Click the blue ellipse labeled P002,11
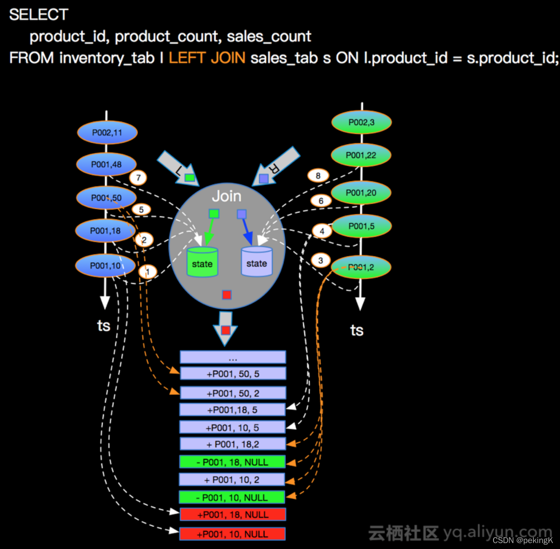[x=107, y=133]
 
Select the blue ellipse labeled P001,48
[x=106, y=164]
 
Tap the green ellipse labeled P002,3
[x=361, y=122]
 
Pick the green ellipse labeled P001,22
[x=361, y=155]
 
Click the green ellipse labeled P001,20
[x=361, y=193]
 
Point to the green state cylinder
[x=202, y=263]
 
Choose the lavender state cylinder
[x=257, y=262]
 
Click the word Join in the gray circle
[x=226, y=196]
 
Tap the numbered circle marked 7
[x=138, y=177]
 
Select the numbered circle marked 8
[x=318, y=175]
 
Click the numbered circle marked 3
[x=320, y=260]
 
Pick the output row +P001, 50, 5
[x=233, y=374]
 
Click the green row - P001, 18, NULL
[x=232, y=462]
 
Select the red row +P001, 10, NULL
[x=232, y=534]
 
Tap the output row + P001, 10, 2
[x=232, y=480]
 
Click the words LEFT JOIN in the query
[x=207, y=58]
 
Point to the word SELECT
[x=39, y=15]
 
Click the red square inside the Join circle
[x=227, y=295]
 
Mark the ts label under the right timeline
[x=357, y=330]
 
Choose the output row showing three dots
[x=233, y=358]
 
